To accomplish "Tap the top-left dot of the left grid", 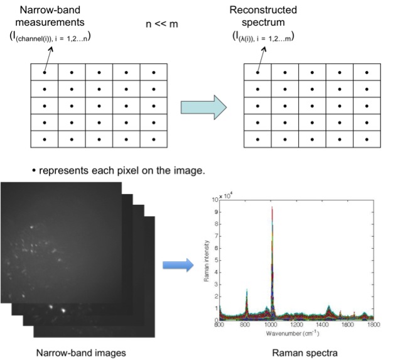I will click(45, 73).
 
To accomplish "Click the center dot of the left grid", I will click(99, 106).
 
